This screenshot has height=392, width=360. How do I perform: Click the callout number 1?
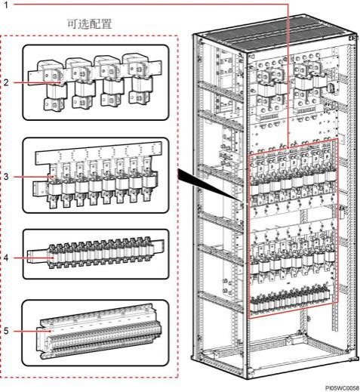[6, 5]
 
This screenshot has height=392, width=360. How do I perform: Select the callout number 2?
[6, 82]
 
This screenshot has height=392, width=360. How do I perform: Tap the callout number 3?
[6, 177]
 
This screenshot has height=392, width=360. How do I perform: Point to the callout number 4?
[6, 258]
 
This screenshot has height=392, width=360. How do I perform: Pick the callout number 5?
[6, 331]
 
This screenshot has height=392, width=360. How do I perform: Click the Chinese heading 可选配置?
[89, 24]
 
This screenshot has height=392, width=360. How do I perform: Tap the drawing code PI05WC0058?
[342, 388]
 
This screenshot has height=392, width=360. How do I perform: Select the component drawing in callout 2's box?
[94, 82]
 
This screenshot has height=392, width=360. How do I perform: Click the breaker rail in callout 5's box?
[99, 330]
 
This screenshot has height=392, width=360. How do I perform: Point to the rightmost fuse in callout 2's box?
[138, 79]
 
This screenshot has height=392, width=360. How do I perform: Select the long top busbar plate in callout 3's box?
[99, 153]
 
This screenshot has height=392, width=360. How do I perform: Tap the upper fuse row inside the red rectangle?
[292, 180]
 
